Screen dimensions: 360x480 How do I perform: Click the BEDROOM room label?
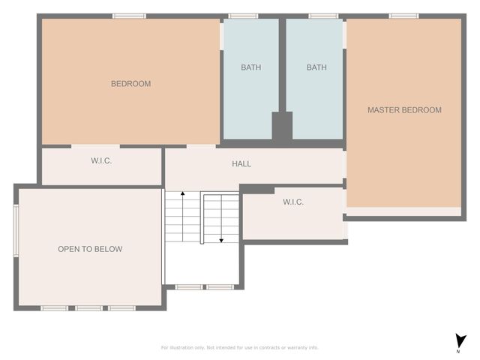click(x=130, y=84)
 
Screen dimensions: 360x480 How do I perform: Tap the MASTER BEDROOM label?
click(x=404, y=110)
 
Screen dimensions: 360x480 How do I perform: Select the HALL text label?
click(x=241, y=163)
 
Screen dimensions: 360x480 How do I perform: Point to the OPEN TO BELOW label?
click(x=90, y=249)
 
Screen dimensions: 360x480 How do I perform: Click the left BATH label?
click(x=251, y=67)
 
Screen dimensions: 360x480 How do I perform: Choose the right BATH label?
click(x=316, y=67)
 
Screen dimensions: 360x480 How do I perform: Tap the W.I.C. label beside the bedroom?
click(x=101, y=161)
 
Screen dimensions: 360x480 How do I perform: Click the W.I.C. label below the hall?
click(x=293, y=202)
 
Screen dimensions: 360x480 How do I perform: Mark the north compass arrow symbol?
click(x=458, y=340)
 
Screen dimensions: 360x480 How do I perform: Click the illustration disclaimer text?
click(x=240, y=347)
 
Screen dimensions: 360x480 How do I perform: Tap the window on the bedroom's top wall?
click(x=129, y=16)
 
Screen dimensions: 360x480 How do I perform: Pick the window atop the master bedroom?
click(x=403, y=16)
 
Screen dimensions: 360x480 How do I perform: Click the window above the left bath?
click(x=243, y=16)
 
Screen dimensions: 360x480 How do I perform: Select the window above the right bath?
click(x=322, y=16)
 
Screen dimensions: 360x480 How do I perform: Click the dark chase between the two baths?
click(x=282, y=126)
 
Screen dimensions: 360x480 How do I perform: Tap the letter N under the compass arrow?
click(x=458, y=351)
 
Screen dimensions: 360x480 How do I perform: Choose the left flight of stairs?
click(x=182, y=217)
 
